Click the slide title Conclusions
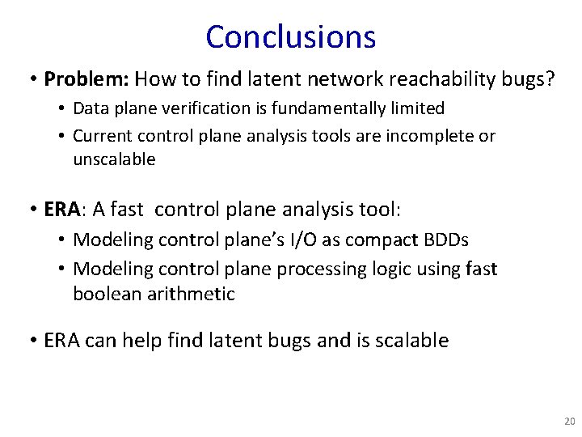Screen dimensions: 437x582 coord(290,37)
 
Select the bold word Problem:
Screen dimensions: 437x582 coord(86,79)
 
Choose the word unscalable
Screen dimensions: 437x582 coord(114,159)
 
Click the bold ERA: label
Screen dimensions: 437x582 coord(64,210)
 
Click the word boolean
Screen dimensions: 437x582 coord(103,294)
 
